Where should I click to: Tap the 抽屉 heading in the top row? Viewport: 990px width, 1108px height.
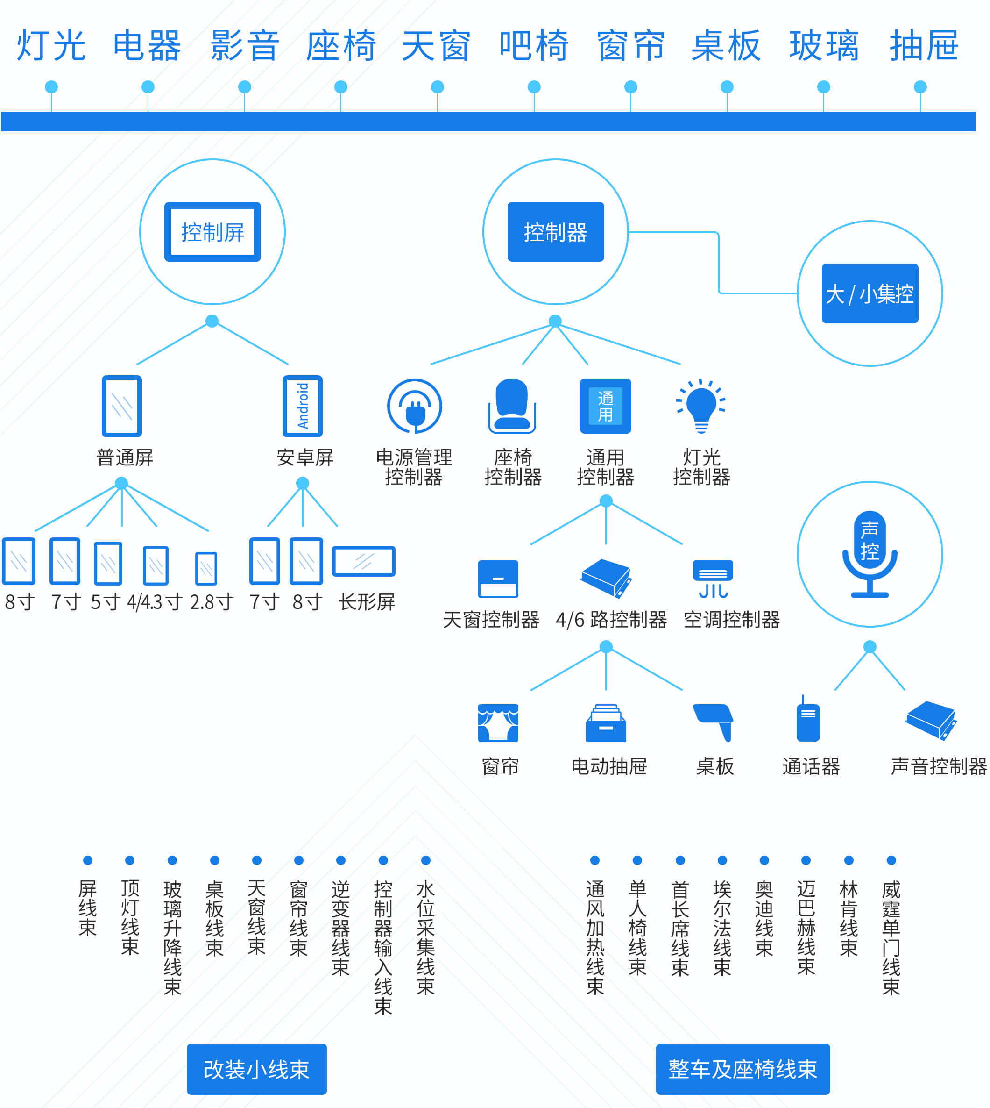(924, 45)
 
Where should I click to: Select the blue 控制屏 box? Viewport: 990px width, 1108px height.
(212, 232)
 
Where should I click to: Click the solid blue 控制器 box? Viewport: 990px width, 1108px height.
(555, 232)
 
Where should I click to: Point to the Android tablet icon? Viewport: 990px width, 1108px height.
(303, 406)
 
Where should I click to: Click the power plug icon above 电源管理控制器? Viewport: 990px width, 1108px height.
(415, 406)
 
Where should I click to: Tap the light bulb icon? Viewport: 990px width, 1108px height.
(701, 406)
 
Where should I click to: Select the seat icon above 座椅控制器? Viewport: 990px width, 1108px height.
(512, 406)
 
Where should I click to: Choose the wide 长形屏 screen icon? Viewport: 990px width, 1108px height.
(363, 561)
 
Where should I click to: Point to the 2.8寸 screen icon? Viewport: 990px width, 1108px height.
(206, 568)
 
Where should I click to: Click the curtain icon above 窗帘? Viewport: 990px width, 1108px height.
(498, 723)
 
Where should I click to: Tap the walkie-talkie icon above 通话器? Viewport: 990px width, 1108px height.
(808, 720)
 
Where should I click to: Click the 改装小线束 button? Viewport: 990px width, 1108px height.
(257, 1069)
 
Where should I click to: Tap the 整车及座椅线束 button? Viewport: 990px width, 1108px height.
(742, 1069)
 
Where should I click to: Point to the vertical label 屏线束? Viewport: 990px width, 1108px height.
(88, 908)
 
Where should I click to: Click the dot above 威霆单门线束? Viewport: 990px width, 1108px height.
(891, 860)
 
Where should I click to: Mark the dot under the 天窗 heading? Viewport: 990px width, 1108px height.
(438, 87)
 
